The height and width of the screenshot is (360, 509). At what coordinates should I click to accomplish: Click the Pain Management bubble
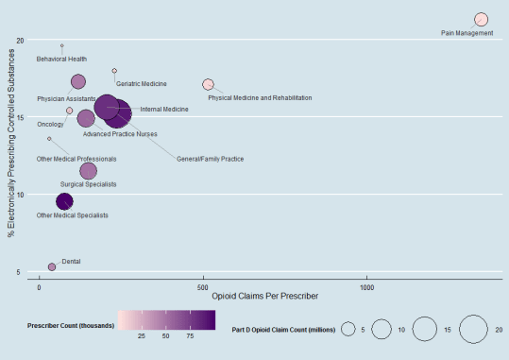481,20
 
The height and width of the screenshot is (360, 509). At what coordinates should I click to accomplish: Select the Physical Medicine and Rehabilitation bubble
208,85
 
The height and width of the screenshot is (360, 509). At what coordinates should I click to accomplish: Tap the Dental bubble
52,267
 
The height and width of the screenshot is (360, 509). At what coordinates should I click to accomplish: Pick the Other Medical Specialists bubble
64,201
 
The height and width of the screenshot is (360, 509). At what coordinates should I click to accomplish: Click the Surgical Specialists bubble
88,171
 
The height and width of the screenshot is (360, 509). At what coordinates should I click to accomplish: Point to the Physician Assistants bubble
78,82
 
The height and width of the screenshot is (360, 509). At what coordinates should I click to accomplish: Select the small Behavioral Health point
62,45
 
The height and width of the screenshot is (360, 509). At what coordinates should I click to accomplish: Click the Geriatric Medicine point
114,71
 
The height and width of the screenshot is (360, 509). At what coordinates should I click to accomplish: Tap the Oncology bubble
69,111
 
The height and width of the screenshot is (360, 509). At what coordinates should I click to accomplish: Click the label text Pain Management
467,34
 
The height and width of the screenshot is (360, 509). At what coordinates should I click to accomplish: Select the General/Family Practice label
210,159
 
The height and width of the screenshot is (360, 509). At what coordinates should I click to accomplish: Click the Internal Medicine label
163,110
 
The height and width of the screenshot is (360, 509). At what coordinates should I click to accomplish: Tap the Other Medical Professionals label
76,159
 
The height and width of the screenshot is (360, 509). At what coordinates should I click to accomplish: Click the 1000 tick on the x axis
366,285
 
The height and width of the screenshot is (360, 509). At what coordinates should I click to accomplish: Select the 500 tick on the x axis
202,285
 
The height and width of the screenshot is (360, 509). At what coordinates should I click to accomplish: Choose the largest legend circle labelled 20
473,329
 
